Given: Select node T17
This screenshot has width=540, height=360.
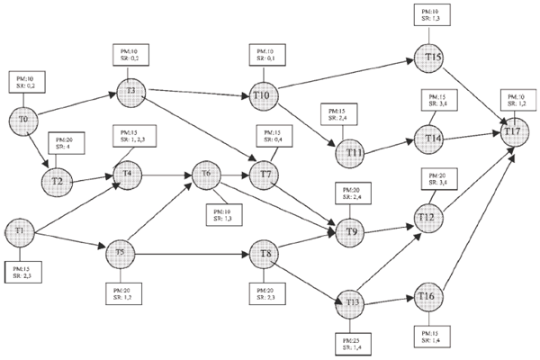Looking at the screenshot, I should (513, 131).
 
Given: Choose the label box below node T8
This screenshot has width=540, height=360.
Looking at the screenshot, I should (269, 293).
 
